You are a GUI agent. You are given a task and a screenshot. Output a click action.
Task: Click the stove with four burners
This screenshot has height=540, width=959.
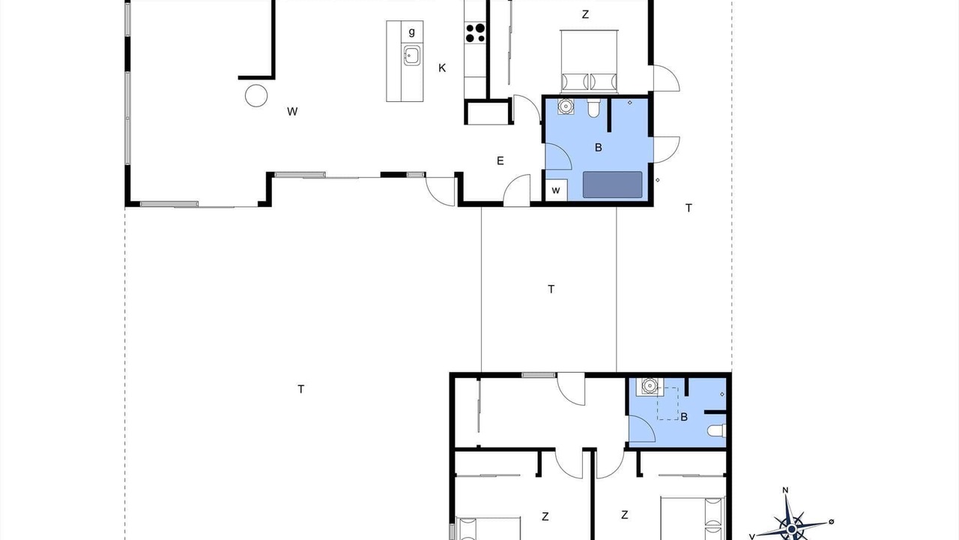click(x=475, y=33)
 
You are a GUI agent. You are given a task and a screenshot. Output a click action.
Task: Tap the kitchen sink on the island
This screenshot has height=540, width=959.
click(x=412, y=55)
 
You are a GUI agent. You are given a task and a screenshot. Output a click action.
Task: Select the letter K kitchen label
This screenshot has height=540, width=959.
click(x=442, y=67)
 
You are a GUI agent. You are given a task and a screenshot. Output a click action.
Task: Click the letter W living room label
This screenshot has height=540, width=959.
click(x=292, y=112)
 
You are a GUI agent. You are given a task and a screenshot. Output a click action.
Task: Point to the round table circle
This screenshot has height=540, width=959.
click(x=256, y=95)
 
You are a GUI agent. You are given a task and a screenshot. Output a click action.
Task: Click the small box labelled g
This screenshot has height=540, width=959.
click(x=412, y=31)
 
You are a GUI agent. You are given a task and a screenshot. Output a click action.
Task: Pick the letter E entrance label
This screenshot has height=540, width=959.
click(x=500, y=160)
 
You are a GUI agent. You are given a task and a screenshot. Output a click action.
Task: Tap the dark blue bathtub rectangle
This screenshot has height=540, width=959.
click(x=613, y=184)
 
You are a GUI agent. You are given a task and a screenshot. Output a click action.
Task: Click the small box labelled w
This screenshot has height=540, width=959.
click(x=556, y=190)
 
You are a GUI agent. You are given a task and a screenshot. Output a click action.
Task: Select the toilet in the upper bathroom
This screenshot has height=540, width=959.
click(x=593, y=108)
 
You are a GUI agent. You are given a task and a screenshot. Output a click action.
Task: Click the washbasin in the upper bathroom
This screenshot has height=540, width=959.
click(x=566, y=106)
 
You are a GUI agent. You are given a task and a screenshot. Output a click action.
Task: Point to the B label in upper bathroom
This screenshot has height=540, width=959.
click(x=599, y=148)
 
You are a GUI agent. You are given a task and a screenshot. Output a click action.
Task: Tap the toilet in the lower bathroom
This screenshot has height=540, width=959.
click(x=717, y=430)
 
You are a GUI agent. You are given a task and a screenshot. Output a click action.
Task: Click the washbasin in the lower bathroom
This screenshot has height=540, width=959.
click(x=650, y=386)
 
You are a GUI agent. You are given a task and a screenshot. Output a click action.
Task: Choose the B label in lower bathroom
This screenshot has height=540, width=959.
click(x=684, y=417)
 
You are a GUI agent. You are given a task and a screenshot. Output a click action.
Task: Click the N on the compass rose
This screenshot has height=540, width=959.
click(x=786, y=490)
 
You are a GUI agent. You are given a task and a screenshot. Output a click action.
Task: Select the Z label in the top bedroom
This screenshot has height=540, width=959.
click(x=585, y=14)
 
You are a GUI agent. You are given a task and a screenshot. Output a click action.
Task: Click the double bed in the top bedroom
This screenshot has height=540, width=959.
click(x=589, y=61)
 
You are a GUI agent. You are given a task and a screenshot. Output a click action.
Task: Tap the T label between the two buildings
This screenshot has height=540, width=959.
click(x=551, y=289)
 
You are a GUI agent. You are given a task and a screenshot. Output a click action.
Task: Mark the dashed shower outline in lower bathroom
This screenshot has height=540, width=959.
click(x=668, y=403)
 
